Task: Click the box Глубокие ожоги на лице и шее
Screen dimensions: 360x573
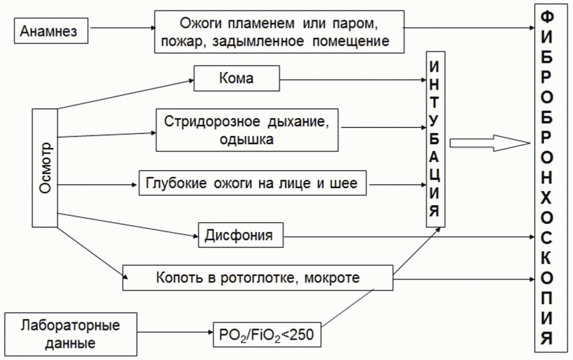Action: [256, 184]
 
